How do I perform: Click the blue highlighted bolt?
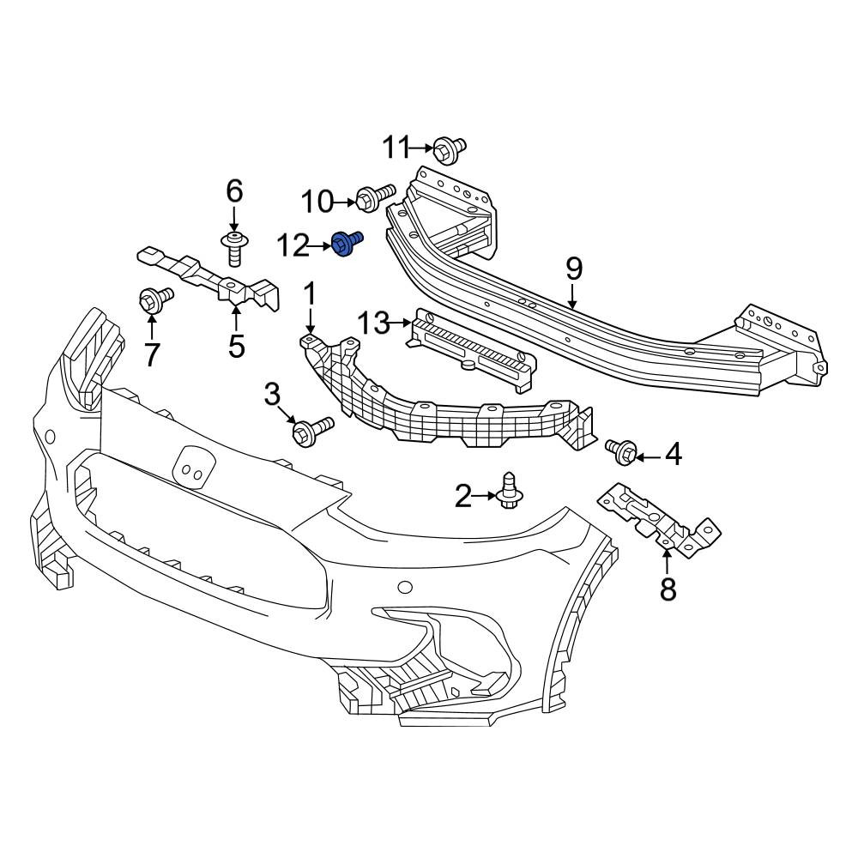[x=347, y=243]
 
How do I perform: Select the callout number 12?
[x=293, y=246]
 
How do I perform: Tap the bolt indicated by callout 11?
[x=450, y=148]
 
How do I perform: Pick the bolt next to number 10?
[x=375, y=197]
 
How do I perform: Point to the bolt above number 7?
[x=155, y=299]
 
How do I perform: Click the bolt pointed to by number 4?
[x=620, y=452]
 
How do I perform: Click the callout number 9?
[x=573, y=269]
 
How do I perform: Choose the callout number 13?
[x=374, y=323]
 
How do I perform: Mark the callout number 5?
[x=237, y=346]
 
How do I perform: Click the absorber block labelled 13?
[x=471, y=350]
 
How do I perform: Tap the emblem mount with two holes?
[x=193, y=466]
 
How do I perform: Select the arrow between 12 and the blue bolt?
[x=321, y=247]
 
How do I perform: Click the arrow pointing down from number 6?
[x=233, y=218]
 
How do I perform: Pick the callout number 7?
[x=152, y=354]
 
